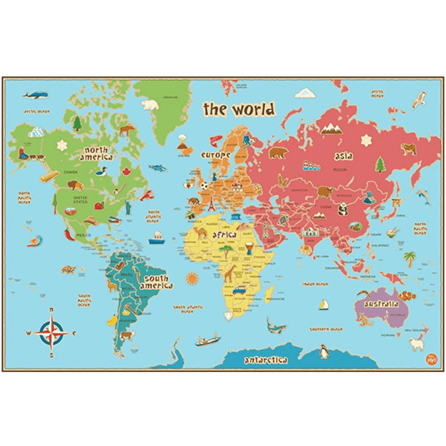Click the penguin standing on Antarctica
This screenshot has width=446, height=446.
click(324, 351)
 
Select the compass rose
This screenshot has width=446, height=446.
click(52, 333)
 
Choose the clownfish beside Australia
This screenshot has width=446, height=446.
click(408, 296)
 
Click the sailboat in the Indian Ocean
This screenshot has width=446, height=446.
click(324, 305)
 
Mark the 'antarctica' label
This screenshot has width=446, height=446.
click(265, 360)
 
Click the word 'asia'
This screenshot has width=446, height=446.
click(343, 156)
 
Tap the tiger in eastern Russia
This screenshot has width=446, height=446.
click(408, 149)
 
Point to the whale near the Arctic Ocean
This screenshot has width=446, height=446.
click(36, 94)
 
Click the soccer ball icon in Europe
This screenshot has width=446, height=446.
click(204, 186)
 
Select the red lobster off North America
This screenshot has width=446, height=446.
click(147, 195)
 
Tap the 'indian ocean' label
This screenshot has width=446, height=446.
click(316, 284)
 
